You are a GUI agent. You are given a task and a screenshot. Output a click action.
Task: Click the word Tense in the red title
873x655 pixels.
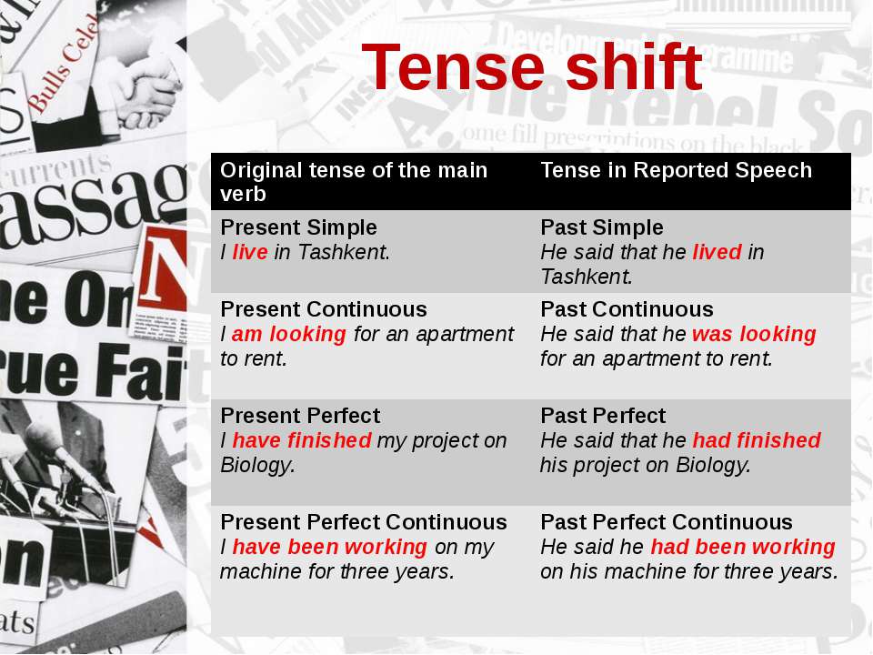[453, 66]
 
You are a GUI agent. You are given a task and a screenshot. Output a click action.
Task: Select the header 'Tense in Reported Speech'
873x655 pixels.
[676, 170]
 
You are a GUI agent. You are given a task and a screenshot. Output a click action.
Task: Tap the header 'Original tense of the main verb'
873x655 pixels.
[354, 182]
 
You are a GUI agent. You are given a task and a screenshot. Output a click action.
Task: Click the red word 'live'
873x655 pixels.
[250, 252]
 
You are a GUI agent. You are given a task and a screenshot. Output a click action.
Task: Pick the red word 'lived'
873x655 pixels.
[717, 252]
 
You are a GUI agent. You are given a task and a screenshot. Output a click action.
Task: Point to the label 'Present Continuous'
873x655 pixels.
[324, 309]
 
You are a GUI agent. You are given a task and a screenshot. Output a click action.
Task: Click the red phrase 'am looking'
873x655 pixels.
[289, 334]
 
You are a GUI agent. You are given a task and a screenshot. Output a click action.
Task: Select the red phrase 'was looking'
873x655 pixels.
[754, 334]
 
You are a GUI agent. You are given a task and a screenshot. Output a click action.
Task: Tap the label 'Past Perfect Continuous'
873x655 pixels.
[667, 522]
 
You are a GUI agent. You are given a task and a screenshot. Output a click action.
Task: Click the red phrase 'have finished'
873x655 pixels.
[301, 440]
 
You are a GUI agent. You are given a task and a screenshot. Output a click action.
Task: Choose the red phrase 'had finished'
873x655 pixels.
[757, 440]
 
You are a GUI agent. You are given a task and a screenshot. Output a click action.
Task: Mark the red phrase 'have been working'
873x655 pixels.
[329, 547]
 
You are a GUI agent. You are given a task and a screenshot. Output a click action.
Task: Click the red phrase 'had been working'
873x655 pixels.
[743, 547]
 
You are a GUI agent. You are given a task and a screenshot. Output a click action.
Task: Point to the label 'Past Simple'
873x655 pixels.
[602, 227]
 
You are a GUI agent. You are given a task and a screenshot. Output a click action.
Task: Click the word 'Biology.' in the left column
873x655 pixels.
[257, 466]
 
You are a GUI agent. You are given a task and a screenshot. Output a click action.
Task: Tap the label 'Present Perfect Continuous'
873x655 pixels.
[364, 522]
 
